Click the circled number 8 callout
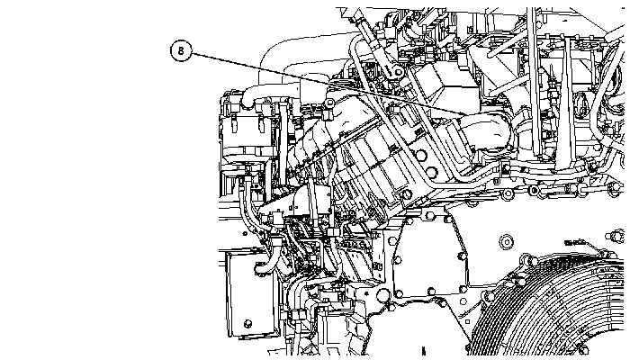[x=181, y=50]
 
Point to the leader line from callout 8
[x=328, y=84]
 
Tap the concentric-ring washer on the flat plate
[x=506, y=242]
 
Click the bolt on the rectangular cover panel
[x=247, y=323]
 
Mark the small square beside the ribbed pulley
[x=467, y=321]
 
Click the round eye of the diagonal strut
[x=398, y=72]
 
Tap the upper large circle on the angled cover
[x=420, y=156]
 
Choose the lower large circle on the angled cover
[x=431, y=173]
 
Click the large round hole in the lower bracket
[x=382, y=295]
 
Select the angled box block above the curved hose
[x=446, y=85]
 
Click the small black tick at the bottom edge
[x=423, y=351]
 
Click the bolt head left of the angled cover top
[x=329, y=103]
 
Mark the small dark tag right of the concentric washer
[x=575, y=242]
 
